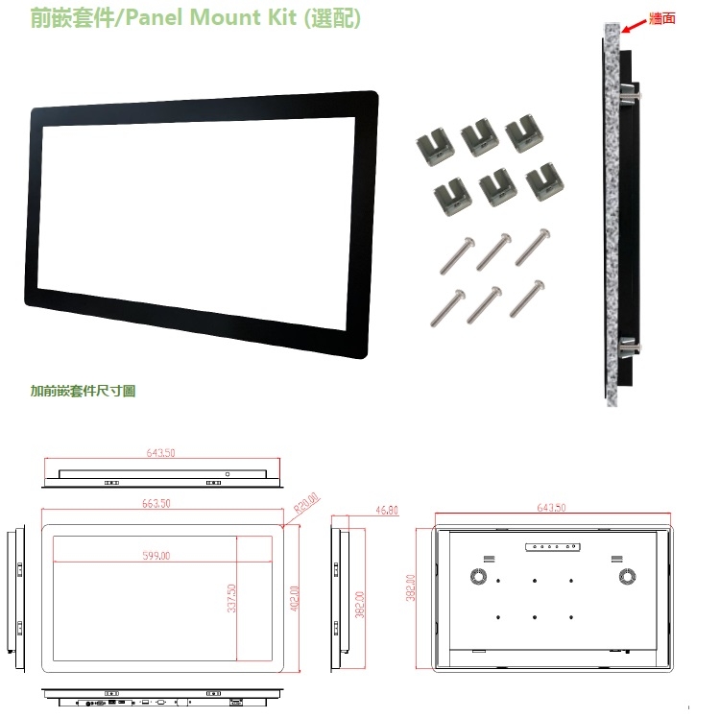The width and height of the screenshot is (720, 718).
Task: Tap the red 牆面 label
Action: pyautogui.click(x=662, y=17)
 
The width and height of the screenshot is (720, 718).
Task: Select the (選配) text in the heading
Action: pyautogui.click(x=331, y=18)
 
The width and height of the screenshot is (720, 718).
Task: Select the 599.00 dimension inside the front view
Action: pyautogui.click(x=156, y=556)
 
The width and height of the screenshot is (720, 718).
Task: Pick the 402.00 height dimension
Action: pyautogui.click(x=295, y=603)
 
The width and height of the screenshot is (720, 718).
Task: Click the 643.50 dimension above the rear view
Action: pyautogui.click(x=551, y=508)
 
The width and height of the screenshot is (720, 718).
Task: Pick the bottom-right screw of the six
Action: pyautogui.click(x=527, y=299)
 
